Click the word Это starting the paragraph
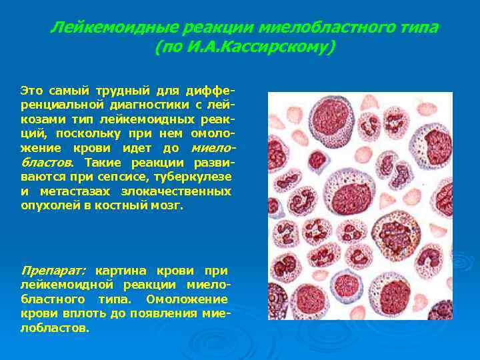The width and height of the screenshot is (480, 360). (32, 90)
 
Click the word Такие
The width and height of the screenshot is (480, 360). (102, 163)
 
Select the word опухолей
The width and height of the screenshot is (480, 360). (49, 206)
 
